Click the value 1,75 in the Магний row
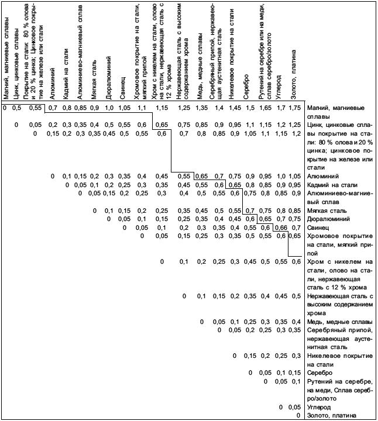(294, 108)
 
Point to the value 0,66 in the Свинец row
(280, 227)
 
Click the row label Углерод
(322, 407)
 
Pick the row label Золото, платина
(331, 416)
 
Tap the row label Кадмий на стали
(333, 185)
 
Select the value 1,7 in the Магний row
(281, 108)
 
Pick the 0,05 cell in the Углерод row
(296, 407)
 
